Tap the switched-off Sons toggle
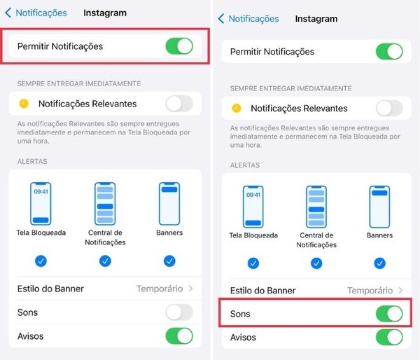(179, 312)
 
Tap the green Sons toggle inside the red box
(389, 314)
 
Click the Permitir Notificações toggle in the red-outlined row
(179, 46)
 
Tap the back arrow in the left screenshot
(8, 13)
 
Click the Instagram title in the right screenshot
(316, 19)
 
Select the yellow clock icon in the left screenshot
(24, 104)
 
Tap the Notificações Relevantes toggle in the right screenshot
(389, 109)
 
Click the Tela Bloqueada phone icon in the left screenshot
(41, 203)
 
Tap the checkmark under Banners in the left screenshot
(169, 261)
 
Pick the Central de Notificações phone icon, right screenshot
(316, 207)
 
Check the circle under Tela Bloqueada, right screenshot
(253, 263)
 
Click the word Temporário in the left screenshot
(160, 289)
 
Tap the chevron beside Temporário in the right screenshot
(400, 290)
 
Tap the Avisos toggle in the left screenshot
(179, 336)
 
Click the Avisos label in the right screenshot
(243, 337)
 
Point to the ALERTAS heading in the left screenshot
(32, 161)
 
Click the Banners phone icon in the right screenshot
(379, 207)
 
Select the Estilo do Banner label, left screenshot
(50, 289)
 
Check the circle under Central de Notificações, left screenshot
(105, 261)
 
